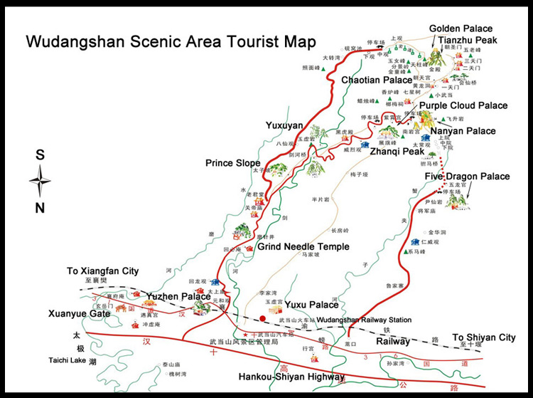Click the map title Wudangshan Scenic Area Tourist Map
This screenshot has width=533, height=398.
click(171, 41)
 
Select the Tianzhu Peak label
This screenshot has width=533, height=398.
click(467, 40)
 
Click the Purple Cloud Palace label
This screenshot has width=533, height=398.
click(463, 105)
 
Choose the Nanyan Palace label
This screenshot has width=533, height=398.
click(463, 131)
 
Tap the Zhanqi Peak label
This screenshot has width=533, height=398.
click(392, 152)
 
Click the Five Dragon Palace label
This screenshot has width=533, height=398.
click(467, 176)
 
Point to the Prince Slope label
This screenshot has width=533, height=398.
click(232, 163)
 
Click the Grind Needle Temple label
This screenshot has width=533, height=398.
click(303, 247)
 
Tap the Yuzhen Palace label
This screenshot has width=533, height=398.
click(178, 296)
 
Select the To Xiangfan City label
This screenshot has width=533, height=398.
click(103, 271)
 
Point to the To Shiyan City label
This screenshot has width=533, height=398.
click(484, 337)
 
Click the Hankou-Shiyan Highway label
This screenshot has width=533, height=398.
click(291, 377)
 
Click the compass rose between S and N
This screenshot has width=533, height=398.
click(40, 181)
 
